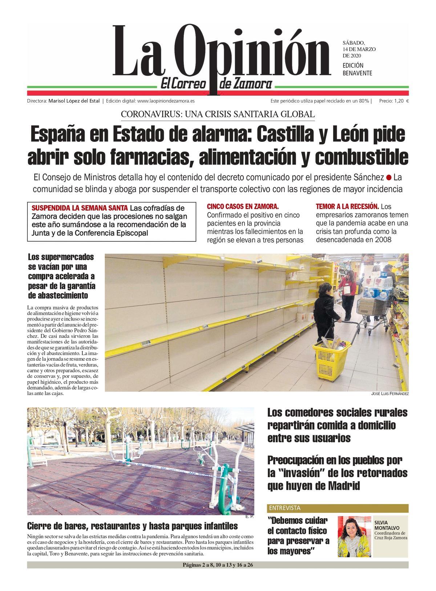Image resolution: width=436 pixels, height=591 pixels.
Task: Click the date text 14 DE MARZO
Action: coord(359,49)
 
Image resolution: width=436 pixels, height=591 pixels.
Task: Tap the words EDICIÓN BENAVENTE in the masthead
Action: coord(358,69)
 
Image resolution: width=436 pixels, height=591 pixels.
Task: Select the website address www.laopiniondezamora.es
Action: coord(166,101)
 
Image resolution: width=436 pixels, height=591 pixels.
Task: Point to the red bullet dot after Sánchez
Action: coord(389,178)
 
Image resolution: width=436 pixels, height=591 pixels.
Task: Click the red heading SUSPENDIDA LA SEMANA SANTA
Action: coord(80,208)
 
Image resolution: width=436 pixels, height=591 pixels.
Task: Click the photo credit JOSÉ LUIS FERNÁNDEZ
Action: coord(390,394)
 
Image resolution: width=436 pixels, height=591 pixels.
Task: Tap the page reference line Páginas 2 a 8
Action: coord(218,565)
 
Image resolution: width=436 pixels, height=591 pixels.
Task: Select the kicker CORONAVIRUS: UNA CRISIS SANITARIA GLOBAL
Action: coord(218,114)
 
